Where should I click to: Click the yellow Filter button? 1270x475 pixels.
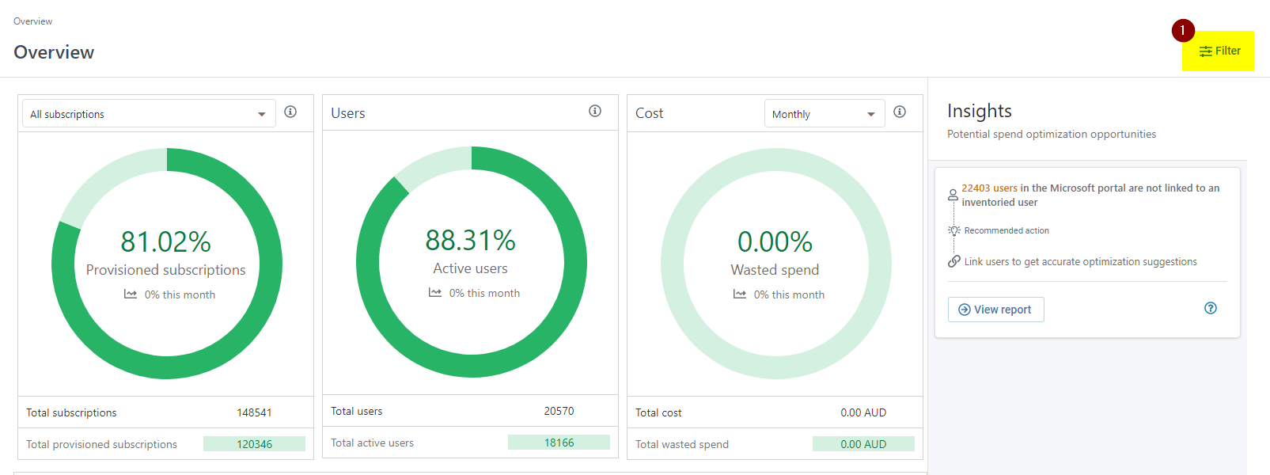pyautogui.click(x=1218, y=51)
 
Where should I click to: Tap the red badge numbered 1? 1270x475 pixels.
pyautogui.click(x=1183, y=30)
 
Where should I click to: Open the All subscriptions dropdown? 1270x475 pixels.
pyautogui.click(x=149, y=113)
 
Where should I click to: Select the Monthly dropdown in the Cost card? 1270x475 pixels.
pyautogui.click(x=825, y=113)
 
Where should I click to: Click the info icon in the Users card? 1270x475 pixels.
pyautogui.click(x=595, y=112)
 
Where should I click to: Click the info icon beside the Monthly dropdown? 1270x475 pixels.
pyautogui.click(x=900, y=112)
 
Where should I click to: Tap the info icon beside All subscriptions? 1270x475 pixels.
pyautogui.click(x=290, y=112)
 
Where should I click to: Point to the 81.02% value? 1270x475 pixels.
pyautogui.click(x=165, y=241)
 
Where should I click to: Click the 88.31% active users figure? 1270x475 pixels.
pyautogui.click(x=471, y=240)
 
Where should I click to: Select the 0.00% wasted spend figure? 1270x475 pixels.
pyautogui.click(x=775, y=241)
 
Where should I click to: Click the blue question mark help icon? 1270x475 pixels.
pyautogui.click(x=1211, y=308)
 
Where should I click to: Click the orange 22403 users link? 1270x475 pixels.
pyautogui.click(x=989, y=188)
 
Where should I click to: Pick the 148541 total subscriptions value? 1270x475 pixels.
pyautogui.click(x=254, y=412)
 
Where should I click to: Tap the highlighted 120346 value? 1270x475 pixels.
pyautogui.click(x=254, y=444)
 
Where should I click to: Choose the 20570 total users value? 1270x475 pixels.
pyautogui.click(x=559, y=411)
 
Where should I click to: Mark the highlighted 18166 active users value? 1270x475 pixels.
pyautogui.click(x=559, y=442)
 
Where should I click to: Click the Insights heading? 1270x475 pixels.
pyautogui.click(x=979, y=111)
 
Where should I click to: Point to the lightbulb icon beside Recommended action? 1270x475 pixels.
pyautogui.click(x=954, y=230)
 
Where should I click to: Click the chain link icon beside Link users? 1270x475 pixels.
pyautogui.click(x=954, y=261)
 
